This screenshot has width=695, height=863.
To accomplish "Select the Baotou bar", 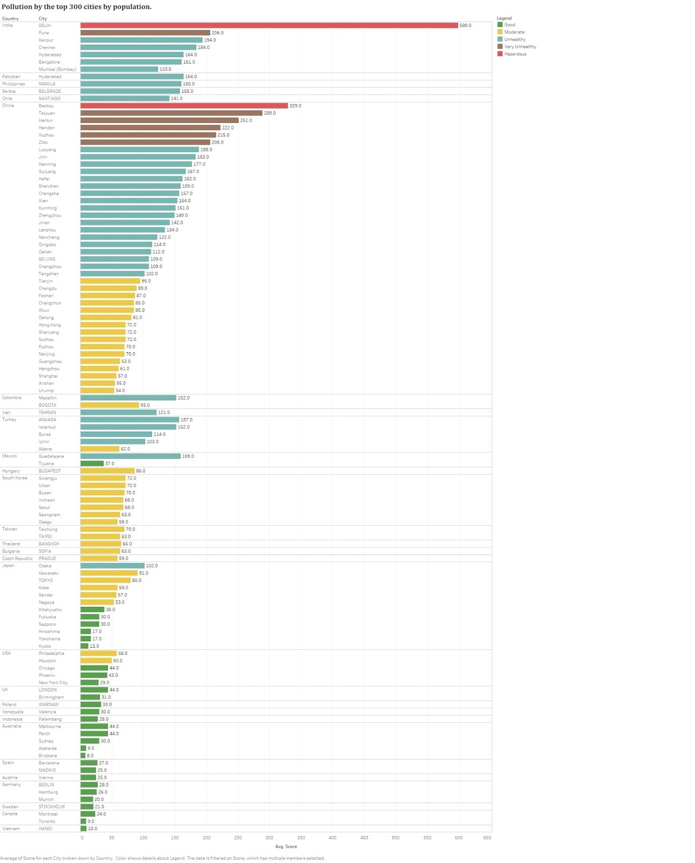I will [184, 106].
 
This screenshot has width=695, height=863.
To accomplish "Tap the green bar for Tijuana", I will [92, 463].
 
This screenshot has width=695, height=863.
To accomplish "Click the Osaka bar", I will [112, 566].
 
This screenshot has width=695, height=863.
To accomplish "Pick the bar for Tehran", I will [118, 413].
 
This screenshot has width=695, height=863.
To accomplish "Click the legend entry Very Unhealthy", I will [520, 47].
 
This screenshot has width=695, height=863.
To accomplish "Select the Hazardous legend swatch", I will [500, 54].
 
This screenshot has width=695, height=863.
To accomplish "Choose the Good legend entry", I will [509, 25].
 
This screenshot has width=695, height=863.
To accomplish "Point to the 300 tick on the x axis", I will [269, 838].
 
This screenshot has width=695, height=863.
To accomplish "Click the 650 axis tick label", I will [487, 838].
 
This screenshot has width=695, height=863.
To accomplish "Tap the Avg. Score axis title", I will [286, 846].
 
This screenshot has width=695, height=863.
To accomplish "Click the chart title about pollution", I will [77, 7].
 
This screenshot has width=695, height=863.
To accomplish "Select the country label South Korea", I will [15, 478].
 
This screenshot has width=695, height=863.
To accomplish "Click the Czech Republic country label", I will [17, 558].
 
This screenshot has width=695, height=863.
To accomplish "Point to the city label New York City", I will [53, 683].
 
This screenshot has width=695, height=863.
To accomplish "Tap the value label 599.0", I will [465, 25].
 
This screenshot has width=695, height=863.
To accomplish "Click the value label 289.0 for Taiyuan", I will [269, 113].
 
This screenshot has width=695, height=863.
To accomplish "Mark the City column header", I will [43, 19].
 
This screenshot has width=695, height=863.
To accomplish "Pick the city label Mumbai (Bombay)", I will [57, 70].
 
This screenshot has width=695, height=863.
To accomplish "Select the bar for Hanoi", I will [84, 828].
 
